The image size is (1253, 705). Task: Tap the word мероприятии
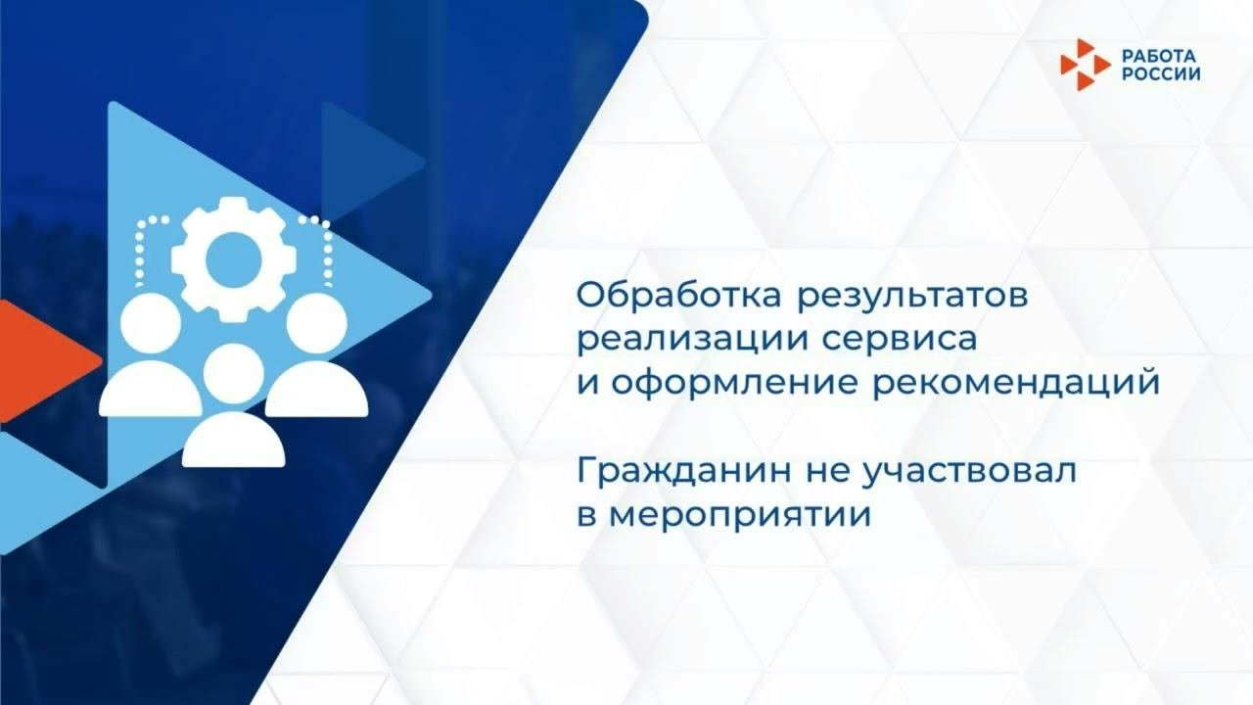click(739, 514)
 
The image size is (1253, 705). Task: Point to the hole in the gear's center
click(231, 258)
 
